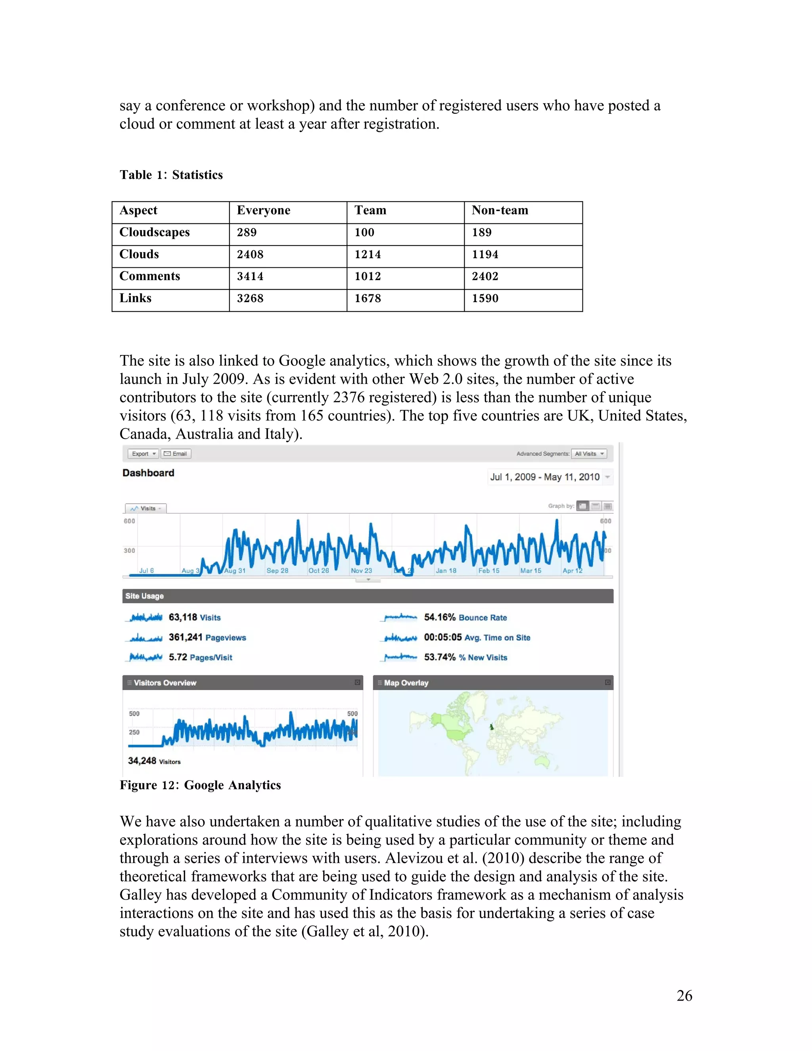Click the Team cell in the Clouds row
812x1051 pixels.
point(368,255)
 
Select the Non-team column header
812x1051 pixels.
point(500,210)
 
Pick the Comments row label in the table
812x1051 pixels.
point(149,276)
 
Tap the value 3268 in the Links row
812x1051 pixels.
point(250,298)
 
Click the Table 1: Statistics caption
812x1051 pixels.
point(171,175)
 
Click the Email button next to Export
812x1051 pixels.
point(176,454)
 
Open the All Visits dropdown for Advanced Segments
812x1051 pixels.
point(589,454)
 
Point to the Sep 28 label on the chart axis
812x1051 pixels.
point(278,571)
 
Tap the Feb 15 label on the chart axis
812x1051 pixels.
point(489,571)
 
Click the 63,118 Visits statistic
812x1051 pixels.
point(194,618)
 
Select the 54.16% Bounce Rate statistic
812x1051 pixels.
point(465,618)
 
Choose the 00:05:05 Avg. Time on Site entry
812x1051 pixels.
point(477,638)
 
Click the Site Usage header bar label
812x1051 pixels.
point(144,596)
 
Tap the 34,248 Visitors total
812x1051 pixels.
point(154,761)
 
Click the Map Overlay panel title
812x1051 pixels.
point(406,683)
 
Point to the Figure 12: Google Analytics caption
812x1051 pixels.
point(200,785)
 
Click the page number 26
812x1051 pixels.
point(684,995)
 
